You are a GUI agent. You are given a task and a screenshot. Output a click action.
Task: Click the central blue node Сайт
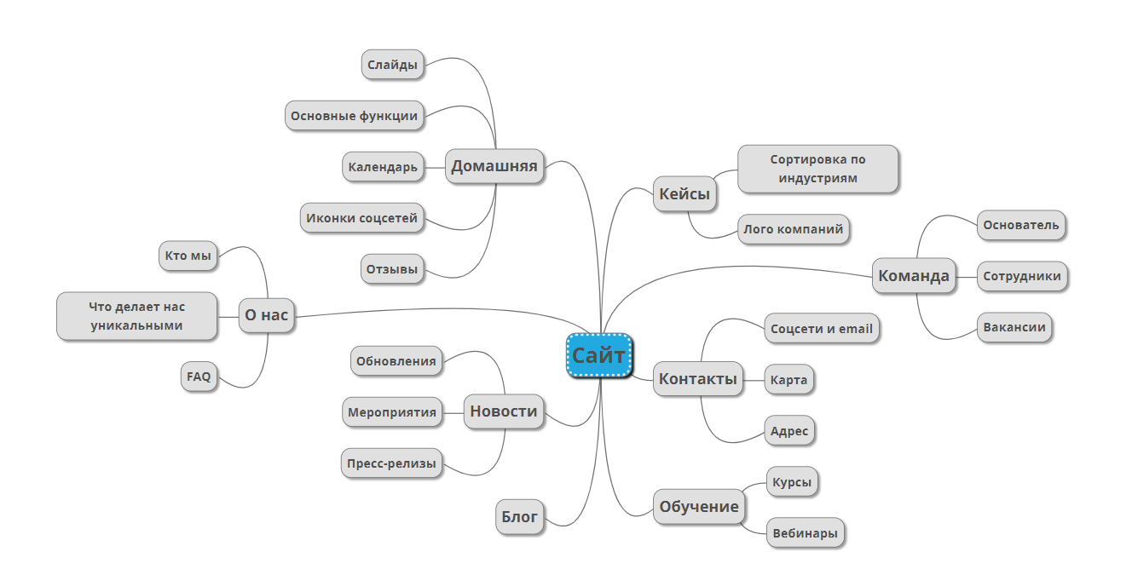(598, 355)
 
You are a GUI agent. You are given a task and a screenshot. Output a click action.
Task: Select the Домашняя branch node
(494, 166)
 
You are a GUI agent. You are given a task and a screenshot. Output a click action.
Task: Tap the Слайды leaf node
(392, 65)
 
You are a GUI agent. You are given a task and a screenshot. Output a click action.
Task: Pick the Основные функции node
(354, 116)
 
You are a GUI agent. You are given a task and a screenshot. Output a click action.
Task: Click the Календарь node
(383, 167)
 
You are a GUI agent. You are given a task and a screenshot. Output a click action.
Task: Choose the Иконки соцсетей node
(362, 218)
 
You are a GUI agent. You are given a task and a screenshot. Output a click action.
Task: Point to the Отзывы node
(392, 270)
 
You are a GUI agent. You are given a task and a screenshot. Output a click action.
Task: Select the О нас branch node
(266, 315)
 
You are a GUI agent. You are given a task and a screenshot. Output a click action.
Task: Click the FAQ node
(199, 377)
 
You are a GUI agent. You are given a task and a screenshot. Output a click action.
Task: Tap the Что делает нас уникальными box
(136, 315)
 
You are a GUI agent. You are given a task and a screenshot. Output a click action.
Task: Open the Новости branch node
(504, 411)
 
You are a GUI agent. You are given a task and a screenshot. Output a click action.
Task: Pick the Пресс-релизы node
(391, 463)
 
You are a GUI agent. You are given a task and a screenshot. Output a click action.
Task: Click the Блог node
(518, 516)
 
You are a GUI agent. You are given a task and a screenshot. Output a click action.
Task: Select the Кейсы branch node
(684, 194)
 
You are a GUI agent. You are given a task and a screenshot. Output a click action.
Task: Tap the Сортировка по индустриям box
(817, 169)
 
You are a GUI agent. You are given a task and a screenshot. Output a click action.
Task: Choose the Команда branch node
(913, 276)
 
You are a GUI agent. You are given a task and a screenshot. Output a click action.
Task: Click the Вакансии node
(1014, 328)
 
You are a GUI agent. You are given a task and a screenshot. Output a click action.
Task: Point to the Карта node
(788, 380)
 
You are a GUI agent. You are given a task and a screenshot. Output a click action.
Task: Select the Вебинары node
(805, 534)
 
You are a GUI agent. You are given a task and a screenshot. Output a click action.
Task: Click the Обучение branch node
(698, 507)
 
